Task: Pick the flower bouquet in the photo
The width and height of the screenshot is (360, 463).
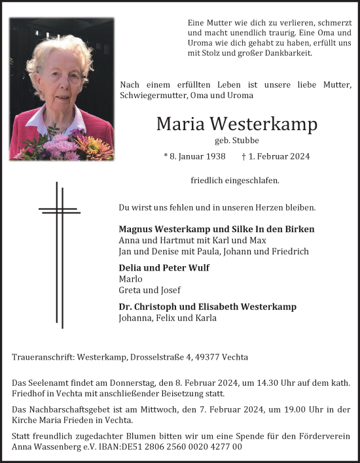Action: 62,145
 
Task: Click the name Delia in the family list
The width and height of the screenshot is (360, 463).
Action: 132,267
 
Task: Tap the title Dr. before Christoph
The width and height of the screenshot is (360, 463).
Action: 125,306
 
